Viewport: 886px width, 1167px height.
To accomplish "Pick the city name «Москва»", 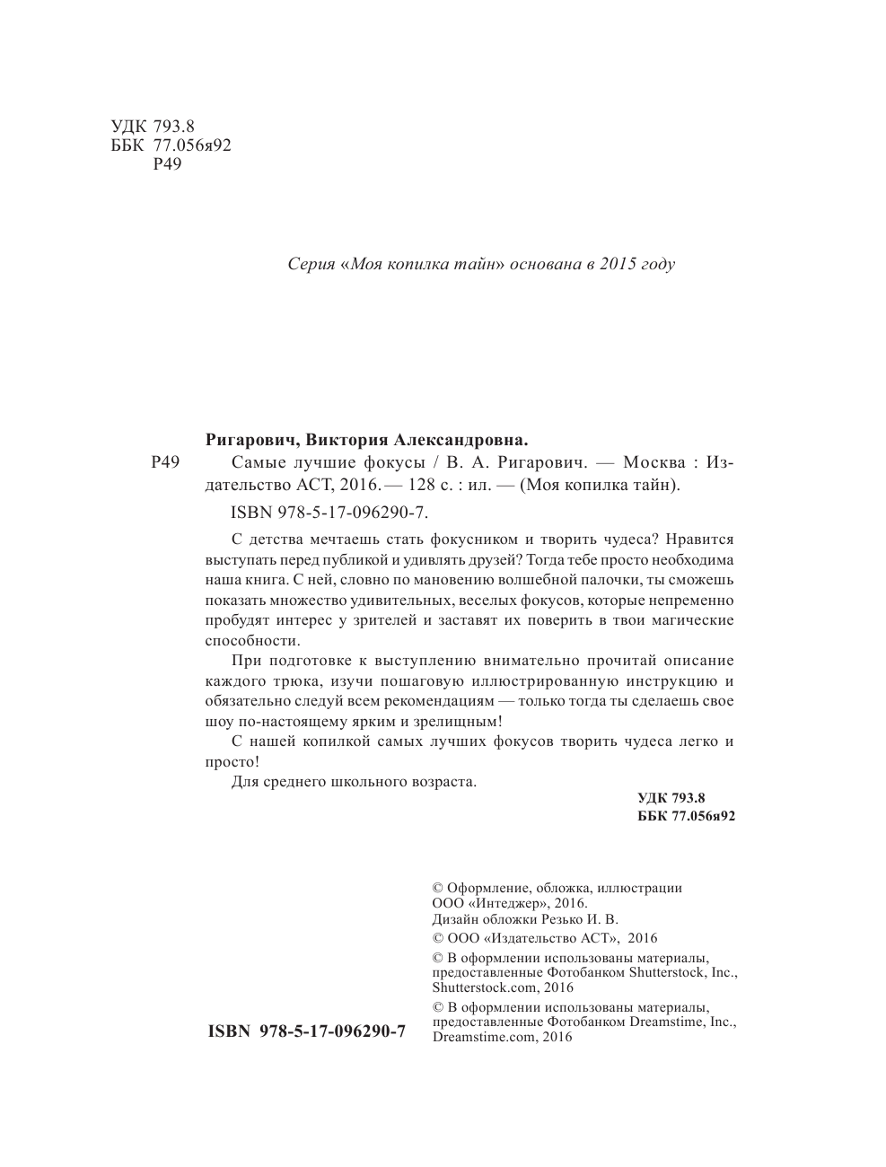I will (x=649, y=463).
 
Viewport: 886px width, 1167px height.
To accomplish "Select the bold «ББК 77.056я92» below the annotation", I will (x=686, y=816).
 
